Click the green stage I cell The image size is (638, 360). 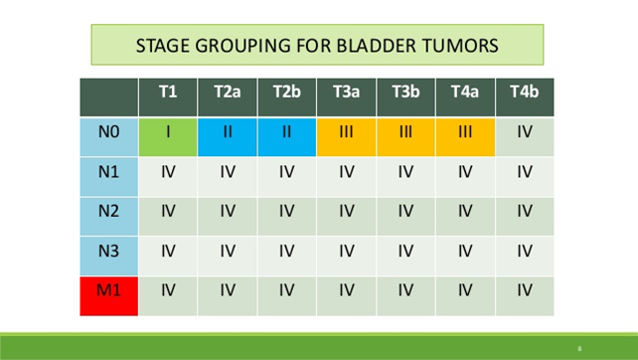168,131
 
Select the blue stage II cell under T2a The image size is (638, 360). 227,131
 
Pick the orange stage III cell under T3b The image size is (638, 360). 404,131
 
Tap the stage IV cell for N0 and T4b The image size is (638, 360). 523,131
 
